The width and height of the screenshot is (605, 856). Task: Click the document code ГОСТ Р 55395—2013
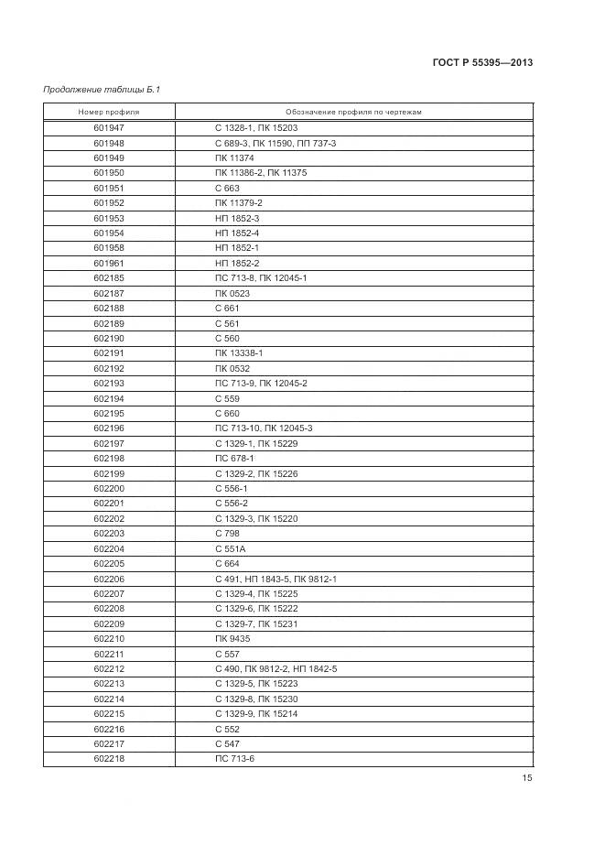click(x=482, y=62)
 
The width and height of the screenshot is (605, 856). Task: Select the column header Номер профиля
click(x=109, y=112)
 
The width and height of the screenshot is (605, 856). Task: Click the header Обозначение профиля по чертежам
click(x=353, y=112)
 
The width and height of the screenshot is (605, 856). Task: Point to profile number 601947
click(x=109, y=128)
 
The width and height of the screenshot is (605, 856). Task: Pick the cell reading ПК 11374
click(x=232, y=158)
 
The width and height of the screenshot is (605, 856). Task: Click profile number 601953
click(x=109, y=218)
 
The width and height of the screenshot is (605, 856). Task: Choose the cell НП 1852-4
click(x=237, y=233)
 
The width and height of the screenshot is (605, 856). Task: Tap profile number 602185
click(x=109, y=278)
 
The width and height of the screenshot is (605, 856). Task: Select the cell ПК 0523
click(x=232, y=293)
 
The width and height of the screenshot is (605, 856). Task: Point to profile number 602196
click(x=109, y=428)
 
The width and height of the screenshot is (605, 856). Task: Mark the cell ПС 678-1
click(x=234, y=458)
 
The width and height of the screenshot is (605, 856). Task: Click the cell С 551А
click(x=231, y=548)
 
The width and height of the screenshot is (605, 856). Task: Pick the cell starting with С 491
click(x=276, y=579)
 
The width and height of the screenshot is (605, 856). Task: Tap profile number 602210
click(x=109, y=639)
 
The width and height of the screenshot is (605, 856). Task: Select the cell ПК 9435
click(x=231, y=639)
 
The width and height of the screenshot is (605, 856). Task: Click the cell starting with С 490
click(x=276, y=669)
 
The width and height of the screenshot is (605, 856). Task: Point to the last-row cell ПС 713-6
click(x=234, y=759)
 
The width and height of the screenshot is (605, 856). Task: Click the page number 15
click(x=527, y=778)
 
